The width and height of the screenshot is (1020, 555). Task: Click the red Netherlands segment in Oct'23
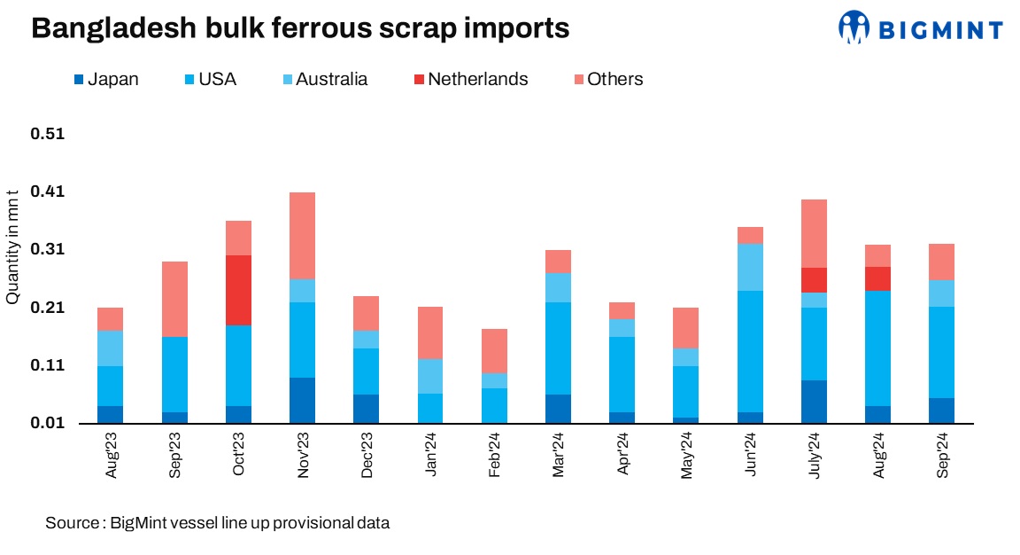(x=238, y=290)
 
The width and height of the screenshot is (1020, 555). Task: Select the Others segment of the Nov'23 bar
(x=302, y=235)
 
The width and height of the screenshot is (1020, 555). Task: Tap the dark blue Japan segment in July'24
(x=814, y=401)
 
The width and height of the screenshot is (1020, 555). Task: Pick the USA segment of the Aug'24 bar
(x=877, y=348)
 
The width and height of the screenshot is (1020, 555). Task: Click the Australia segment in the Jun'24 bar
(x=750, y=267)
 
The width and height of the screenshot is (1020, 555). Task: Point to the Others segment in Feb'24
(x=493, y=350)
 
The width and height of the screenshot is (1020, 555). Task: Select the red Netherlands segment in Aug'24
(x=877, y=278)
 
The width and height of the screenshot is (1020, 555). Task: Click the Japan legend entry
(x=106, y=79)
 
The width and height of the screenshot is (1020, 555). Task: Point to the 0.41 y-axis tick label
(x=48, y=192)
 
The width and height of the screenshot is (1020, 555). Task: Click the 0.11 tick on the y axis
(x=48, y=365)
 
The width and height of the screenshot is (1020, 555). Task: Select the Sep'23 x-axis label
(x=174, y=455)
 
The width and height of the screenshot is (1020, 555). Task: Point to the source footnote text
(x=218, y=523)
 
